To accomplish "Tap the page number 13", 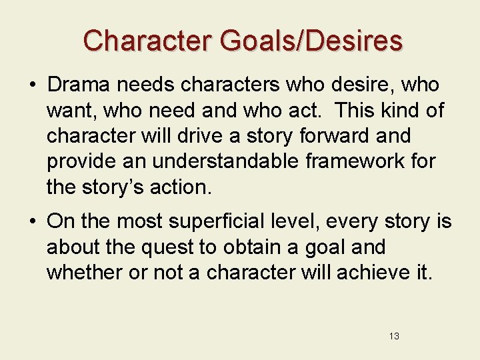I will [394, 336].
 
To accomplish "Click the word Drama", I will [78, 85].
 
